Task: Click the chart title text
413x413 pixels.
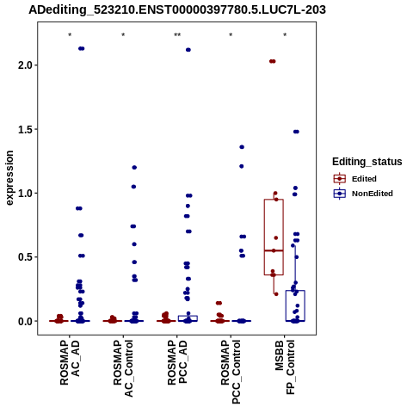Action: pos(177,9)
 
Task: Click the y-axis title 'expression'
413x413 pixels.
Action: pos(9,178)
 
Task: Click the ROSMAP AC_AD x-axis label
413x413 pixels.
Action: pos(70,362)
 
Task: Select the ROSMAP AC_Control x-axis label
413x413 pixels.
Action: pos(123,368)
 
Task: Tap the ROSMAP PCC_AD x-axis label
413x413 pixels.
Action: pos(177,362)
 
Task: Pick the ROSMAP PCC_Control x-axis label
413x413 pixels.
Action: pos(231,372)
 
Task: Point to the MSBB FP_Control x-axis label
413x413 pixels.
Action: pos(285,367)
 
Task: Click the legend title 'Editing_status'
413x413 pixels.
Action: pos(367,162)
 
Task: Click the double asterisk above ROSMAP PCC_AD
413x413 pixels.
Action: pos(177,35)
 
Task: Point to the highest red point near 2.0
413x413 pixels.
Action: pos(272,61)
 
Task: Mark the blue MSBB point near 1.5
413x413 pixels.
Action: pos(296,132)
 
